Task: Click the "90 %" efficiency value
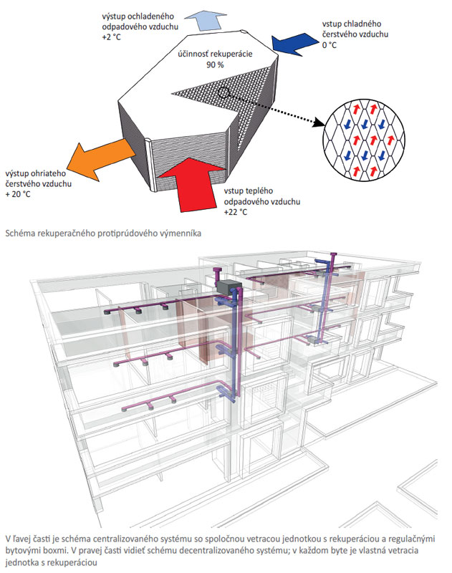(214, 65)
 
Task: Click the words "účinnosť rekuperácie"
(214, 54)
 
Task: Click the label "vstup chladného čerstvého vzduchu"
(358, 28)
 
